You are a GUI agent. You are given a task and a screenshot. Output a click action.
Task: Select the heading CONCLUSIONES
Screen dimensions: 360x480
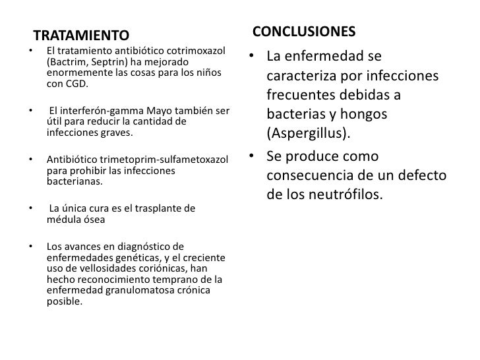(304, 32)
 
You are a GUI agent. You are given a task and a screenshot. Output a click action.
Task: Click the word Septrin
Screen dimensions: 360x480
(108, 62)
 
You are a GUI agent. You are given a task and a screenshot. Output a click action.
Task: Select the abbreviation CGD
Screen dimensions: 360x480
(76, 85)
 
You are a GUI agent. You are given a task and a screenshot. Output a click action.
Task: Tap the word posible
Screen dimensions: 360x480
(64, 302)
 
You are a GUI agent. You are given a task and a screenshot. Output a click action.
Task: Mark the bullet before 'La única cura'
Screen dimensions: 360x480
(30, 209)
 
